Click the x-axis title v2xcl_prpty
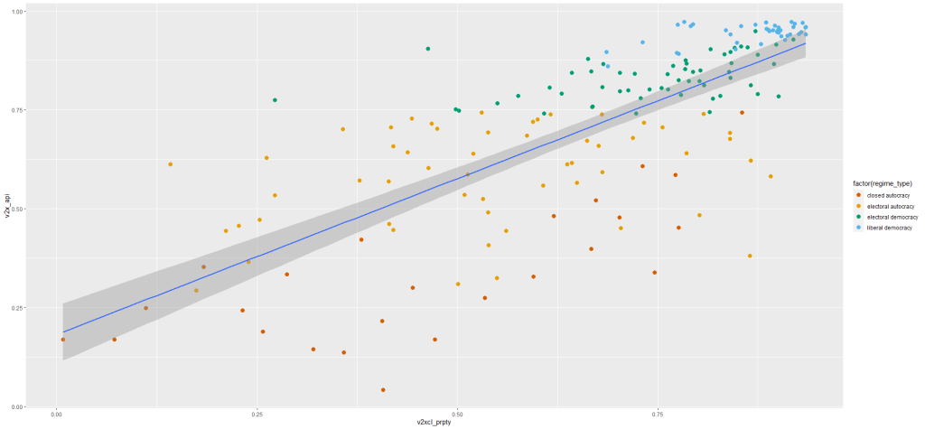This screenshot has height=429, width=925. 433,422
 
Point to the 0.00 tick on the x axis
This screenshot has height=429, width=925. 56,414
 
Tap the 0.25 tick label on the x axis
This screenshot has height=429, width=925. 257,414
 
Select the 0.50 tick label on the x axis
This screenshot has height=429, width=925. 457,414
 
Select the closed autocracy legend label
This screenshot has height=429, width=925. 886,195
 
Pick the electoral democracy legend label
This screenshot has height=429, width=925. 890,217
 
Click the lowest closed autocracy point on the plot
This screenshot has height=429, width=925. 383,390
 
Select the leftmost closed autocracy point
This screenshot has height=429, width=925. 62,340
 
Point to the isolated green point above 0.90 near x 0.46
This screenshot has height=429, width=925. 427,49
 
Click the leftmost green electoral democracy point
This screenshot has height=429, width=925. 275,100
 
